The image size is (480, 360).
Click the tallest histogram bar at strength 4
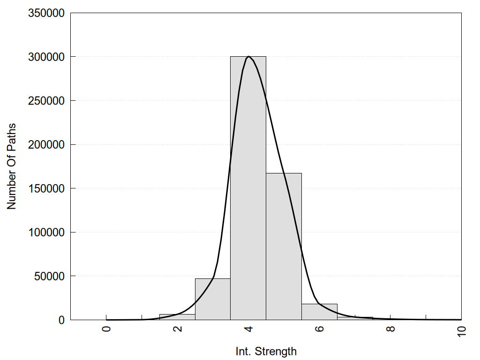[248, 187]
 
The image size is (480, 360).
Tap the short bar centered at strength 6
[319, 312]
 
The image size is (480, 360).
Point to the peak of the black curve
[248, 57]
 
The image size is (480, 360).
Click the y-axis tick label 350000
[46, 13]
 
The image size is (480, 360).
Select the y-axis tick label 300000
[46, 57]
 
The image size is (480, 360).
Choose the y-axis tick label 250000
[46, 101]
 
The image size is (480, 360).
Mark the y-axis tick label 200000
[46, 144]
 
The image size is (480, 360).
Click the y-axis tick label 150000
[46, 188]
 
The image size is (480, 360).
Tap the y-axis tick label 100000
[46, 232]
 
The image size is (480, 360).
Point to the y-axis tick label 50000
[49, 276]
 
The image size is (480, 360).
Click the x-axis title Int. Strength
[266, 351]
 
